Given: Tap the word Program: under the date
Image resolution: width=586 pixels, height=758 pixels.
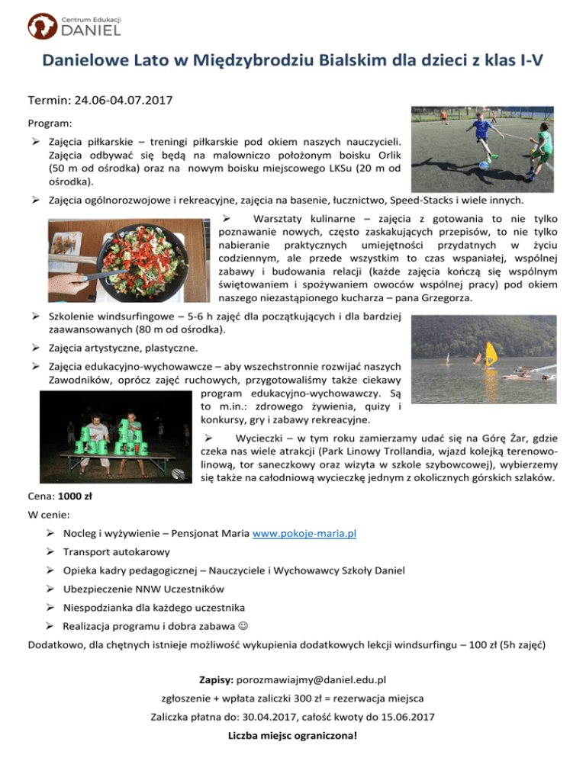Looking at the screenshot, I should pos(49,123).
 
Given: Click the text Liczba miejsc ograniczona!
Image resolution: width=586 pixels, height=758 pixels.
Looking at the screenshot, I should pos(293,737).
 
